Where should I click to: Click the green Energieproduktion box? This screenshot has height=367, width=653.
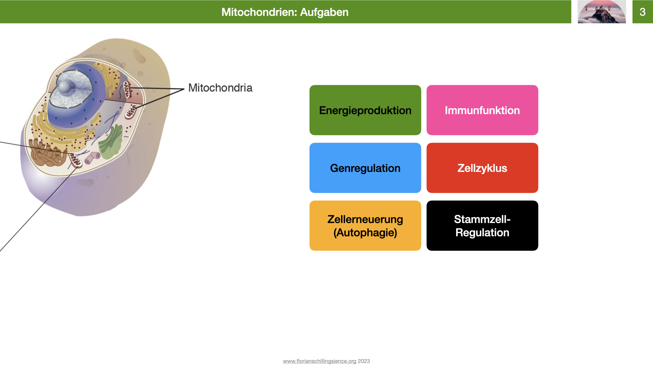[x=365, y=110]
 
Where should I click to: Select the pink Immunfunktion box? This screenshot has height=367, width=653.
[x=482, y=110]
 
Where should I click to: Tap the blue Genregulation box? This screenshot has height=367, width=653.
[x=365, y=168]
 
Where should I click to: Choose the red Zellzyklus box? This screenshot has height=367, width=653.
[x=482, y=168]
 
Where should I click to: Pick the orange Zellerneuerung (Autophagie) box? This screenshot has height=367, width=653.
[x=365, y=226]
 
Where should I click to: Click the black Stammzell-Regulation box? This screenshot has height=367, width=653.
[x=482, y=226]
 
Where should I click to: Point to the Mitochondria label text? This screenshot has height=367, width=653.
[x=220, y=88]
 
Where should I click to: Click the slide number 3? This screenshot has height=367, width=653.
[x=642, y=12]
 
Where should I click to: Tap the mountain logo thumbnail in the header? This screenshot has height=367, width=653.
[x=601, y=12]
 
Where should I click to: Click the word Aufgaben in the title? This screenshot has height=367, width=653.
[x=324, y=12]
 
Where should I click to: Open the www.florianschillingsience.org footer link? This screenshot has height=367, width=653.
[x=319, y=361]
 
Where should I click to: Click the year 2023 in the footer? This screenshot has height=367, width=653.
[x=364, y=361]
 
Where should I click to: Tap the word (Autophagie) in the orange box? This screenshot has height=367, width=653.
[x=365, y=233]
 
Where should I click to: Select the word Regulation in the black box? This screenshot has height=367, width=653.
[x=482, y=233]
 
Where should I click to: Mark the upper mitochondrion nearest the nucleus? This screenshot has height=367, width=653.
[x=127, y=89]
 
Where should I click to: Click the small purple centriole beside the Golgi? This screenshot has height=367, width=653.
[x=92, y=158]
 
